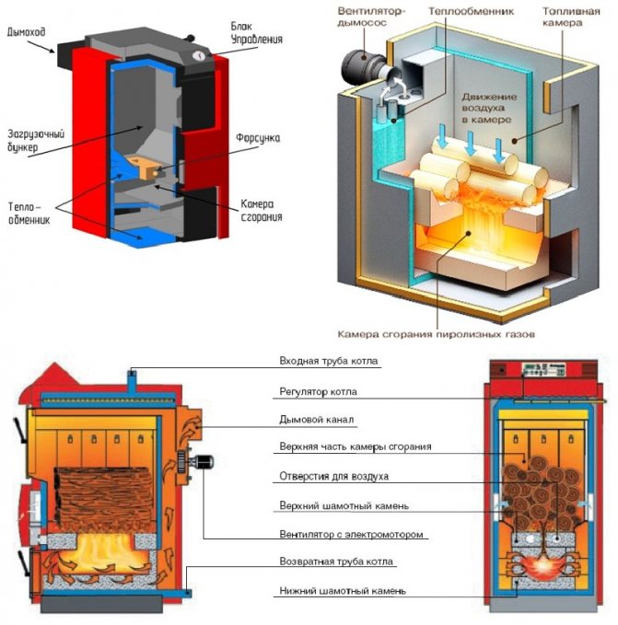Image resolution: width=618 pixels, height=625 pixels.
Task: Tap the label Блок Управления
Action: point(257,34)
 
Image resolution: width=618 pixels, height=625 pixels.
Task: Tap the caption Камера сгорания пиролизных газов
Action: point(435,334)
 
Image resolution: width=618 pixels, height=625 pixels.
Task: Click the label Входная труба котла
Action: point(328,362)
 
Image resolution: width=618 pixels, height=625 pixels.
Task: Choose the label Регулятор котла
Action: point(320,391)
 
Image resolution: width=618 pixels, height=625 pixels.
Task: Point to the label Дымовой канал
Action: point(317,419)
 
